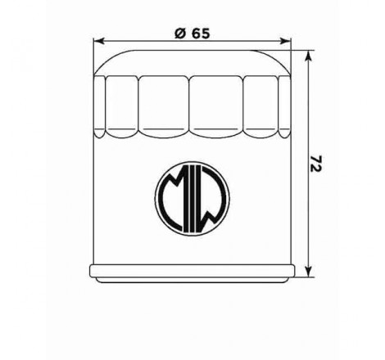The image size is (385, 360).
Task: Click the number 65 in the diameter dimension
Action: (x=201, y=34)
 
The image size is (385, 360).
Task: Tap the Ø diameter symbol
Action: (x=180, y=34)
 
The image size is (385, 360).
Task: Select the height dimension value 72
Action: (x=316, y=164)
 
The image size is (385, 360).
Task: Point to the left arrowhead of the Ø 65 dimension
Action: (x=99, y=41)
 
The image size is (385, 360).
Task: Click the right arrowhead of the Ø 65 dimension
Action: (x=285, y=41)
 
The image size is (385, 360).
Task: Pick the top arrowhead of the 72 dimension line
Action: (x=308, y=56)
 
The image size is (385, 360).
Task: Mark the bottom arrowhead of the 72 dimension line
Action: (x=308, y=272)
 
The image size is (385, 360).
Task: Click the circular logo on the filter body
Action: (x=192, y=198)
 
